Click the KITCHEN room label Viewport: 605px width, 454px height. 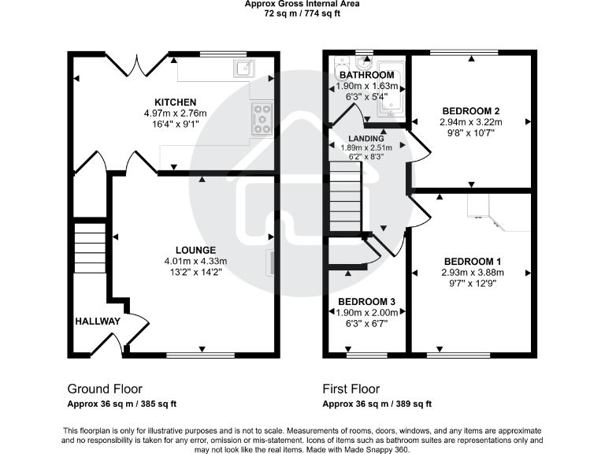(x=175, y=102)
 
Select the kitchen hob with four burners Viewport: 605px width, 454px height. (x=262, y=119)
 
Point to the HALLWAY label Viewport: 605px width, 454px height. (x=98, y=322)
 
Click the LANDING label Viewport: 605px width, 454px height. (x=367, y=139)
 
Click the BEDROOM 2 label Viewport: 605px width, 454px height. (x=471, y=111)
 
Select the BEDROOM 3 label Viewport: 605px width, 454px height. (x=366, y=302)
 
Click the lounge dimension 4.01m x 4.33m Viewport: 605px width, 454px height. (x=195, y=262)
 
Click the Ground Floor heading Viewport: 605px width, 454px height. (x=105, y=389)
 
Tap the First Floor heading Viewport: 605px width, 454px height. (x=351, y=389)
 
